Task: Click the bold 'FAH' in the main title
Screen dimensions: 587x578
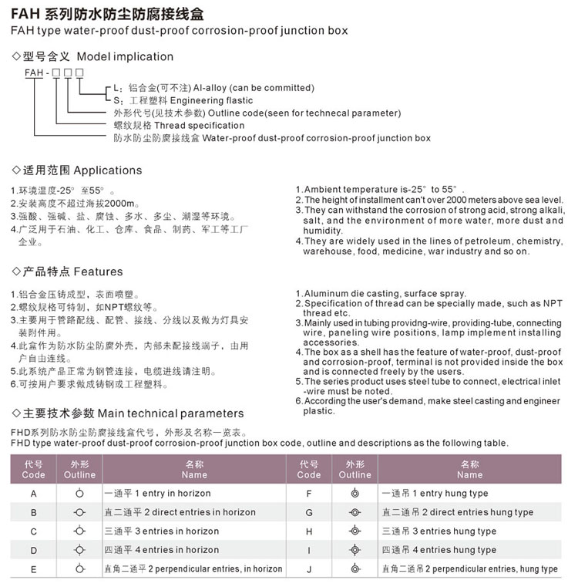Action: (x=27, y=12)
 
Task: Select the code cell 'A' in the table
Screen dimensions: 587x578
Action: (x=33, y=494)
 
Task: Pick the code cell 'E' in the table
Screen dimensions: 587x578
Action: (x=33, y=569)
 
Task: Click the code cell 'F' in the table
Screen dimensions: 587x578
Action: (x=308, y=494)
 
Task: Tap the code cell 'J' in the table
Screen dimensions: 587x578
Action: (x=308, y=569)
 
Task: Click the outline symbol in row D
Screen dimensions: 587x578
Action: (x=79, y=550)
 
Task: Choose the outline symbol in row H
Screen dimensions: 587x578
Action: (x=355, y=531)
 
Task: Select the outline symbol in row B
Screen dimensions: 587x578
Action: (x=79, y=512)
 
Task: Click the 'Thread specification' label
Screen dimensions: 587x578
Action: (x=189, y=125)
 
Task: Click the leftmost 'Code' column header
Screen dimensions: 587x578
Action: (x=33, y=470)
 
